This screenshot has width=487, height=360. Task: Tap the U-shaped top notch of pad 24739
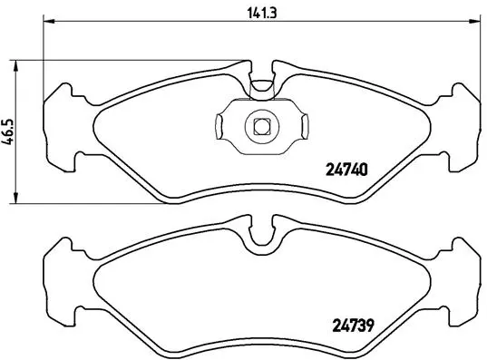261,234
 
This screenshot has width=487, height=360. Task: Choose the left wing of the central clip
224,126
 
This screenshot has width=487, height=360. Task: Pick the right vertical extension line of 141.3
480,54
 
